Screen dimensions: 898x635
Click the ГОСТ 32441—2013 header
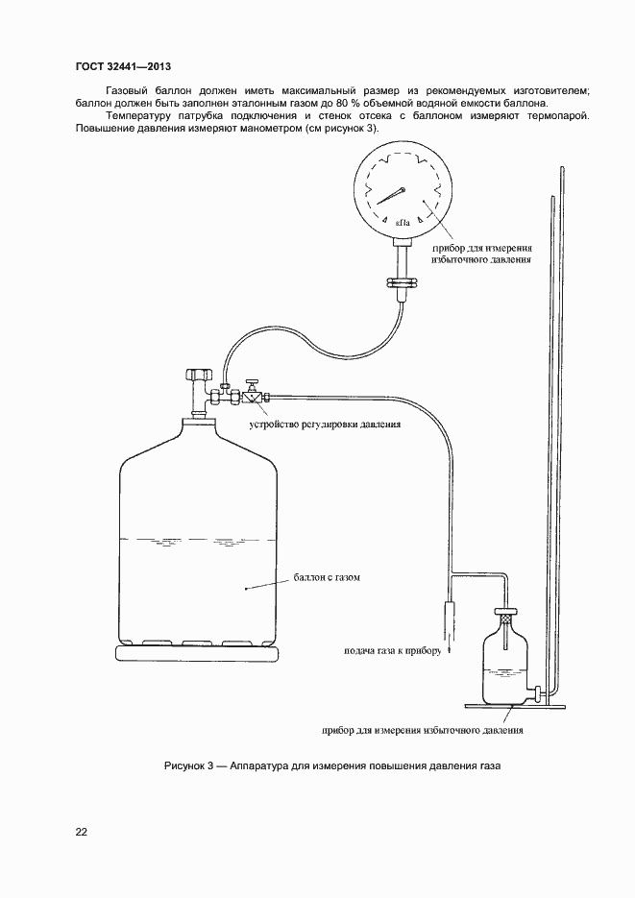pyautogui.click(x=123, y=66)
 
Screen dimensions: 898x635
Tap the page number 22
pyautogui.click(x=81, y=833)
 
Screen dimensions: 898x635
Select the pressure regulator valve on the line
pyautogui.click(x=251, y=394)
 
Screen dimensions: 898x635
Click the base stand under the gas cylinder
pyautogui.click(x=197, y=653)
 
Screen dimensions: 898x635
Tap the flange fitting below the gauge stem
pyautogui.click(x=400, y=282)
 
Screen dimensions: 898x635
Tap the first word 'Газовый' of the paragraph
pyautogui.click(x=117, y=90)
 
